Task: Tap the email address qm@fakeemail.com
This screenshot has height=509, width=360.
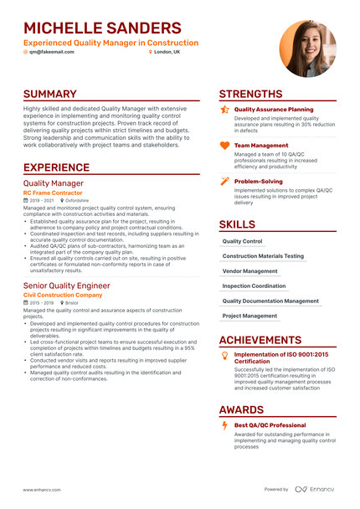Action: (52, 52)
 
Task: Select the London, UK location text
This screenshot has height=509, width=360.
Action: (167, 52)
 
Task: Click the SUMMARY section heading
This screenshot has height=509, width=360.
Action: (50, 95)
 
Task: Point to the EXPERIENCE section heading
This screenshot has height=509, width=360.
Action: (63, 167)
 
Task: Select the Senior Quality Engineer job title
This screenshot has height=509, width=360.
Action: (66, 285)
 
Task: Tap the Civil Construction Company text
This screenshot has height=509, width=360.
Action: (63, 296)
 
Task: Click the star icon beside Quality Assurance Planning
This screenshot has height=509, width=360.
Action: (224, 110)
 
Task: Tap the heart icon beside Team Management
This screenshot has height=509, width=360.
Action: (224, 145)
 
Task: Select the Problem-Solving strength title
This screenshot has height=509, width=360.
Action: (259, 181)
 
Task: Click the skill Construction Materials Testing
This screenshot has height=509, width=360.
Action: (263, 256)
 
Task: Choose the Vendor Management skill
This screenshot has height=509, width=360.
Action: (249, 271)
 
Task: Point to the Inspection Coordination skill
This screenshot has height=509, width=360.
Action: (254, 286)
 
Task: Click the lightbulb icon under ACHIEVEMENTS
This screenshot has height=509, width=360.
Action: (224, 356)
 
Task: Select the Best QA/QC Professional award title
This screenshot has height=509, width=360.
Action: (270, 425)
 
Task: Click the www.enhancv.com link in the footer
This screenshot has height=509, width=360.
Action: (40, 489)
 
